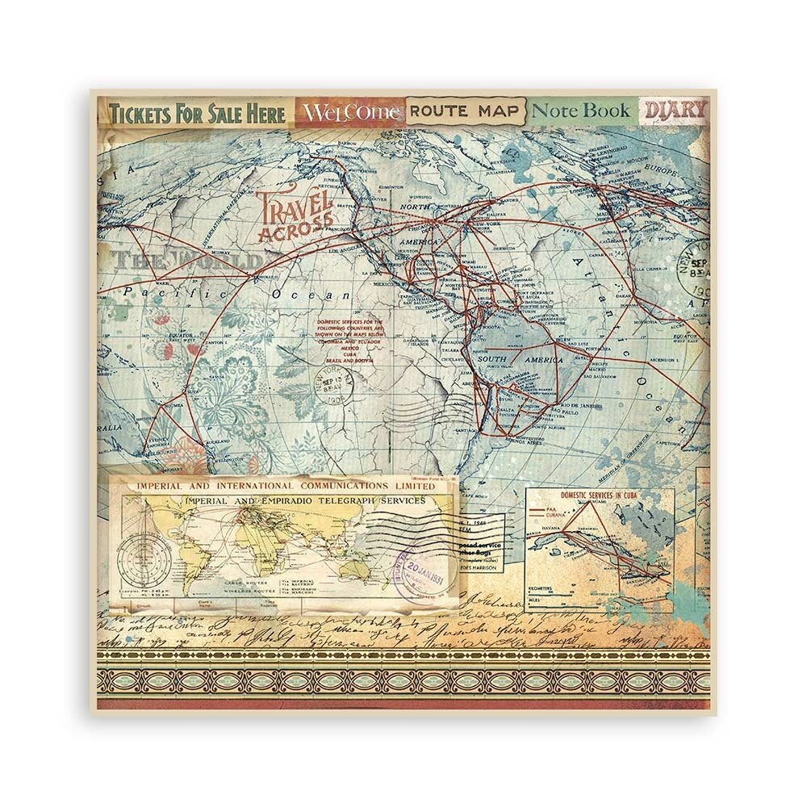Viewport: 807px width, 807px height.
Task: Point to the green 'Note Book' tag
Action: pyautogui.click(x=582, y=111)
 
